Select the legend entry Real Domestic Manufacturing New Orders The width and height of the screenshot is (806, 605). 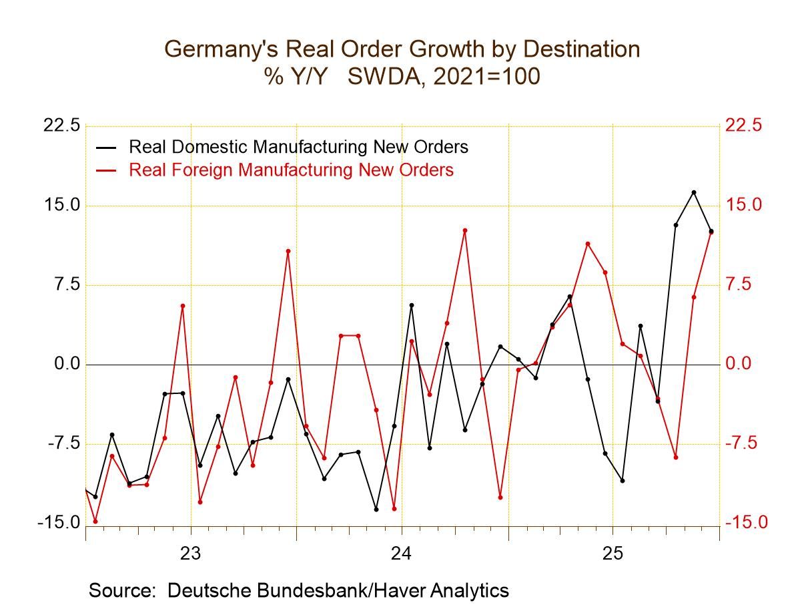298,146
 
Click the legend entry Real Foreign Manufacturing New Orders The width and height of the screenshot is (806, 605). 291,170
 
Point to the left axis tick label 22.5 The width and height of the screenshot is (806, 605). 61,126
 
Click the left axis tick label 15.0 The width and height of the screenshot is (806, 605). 61,205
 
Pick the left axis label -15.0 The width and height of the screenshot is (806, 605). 59,523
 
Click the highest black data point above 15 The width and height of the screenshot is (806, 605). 693,192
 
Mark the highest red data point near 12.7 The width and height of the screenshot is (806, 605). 465,230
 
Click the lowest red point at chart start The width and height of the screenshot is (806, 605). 95,521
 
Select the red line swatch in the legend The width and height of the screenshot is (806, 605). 107,170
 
